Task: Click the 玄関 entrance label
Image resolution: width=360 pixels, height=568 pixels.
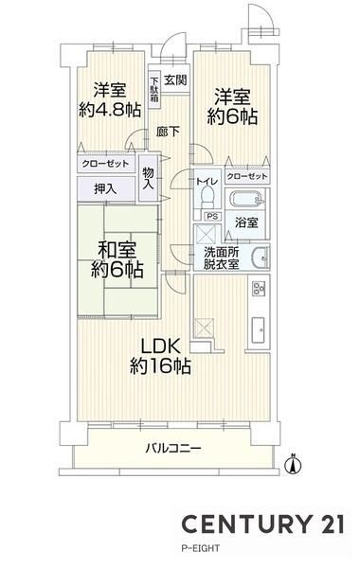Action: click(175, 80)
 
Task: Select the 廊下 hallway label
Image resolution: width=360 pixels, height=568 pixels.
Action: click(168, 132)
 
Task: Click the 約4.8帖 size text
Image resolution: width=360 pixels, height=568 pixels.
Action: click(110, 110)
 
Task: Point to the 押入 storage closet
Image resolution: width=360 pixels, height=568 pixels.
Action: click(106, 188)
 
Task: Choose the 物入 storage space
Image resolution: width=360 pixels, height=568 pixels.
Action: click(149, 178)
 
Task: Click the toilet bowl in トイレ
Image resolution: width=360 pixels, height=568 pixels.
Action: click(207, 196)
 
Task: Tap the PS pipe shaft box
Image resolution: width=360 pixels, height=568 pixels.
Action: click(212, 216)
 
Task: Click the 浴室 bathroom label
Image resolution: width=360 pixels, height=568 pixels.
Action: click(246, 222)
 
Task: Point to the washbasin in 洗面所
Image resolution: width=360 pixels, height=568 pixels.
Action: click(260, 257)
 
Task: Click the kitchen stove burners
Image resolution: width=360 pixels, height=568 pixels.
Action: click(259, 289)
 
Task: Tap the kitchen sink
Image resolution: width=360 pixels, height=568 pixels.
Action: click(259, 328)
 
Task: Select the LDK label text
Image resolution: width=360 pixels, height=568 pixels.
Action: click(160, 347)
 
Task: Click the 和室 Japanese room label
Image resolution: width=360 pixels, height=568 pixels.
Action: click(117, 250)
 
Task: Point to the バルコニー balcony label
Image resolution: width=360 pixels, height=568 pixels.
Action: click(173, 449)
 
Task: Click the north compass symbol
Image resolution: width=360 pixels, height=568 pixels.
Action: click(294, 464)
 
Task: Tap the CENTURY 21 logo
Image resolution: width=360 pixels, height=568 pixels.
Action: click(262, 524)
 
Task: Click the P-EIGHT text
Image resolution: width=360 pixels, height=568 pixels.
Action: click(200, 548)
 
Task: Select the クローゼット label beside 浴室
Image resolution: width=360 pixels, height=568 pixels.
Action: click(247, 177)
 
